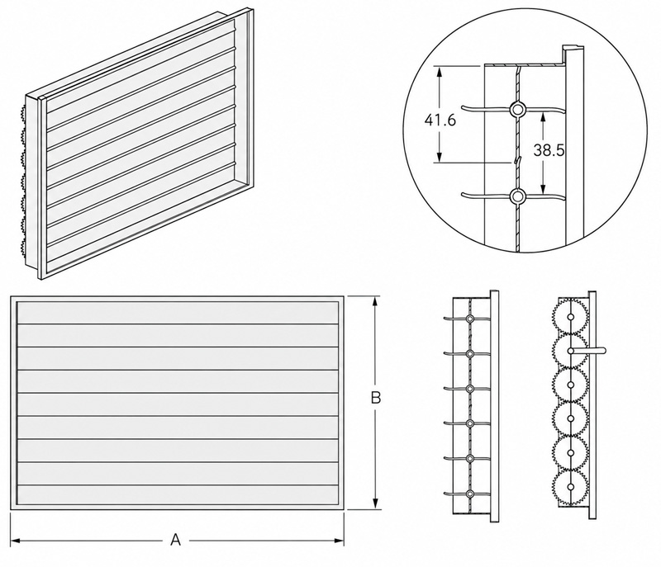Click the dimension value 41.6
click(x=440, y=120)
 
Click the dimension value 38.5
click(x=549, y=150)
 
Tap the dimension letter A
click(x=175, y=540)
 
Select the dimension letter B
click(x=376, y=397)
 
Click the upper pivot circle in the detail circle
click(x=517, y=110)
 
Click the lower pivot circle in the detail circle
click(x=517, y=196)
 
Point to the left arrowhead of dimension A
click(x=15, y=541)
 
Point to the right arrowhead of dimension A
click(x=340, y=541)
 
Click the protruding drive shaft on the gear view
click(x=587, y=350)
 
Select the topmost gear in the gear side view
click(x=570, y=317)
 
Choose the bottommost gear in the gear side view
click(x=570, y=487)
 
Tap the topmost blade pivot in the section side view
click(x=469, y=319)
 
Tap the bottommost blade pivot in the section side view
click(x=469, y=494)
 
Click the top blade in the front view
click(x=178, y=313)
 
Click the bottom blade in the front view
click(x=178, y=494)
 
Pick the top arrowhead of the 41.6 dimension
click(x=440, y=73)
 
